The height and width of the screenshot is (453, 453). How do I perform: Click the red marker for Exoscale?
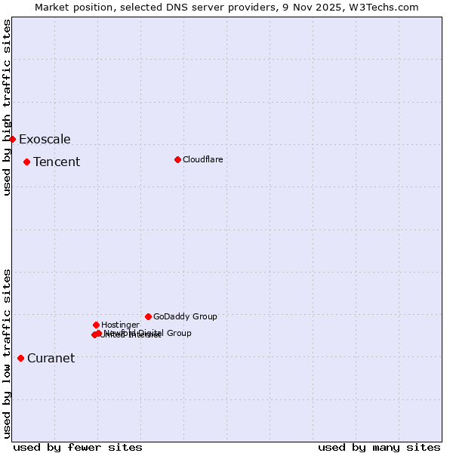(12, 139)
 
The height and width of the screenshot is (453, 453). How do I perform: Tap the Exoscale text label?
(45, 139)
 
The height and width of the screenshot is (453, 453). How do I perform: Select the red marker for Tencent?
(26, 162)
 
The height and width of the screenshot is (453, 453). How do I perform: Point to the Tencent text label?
(57, 162)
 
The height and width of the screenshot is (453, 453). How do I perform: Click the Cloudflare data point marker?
(177, 159)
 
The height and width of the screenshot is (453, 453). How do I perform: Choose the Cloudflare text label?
(202, 159)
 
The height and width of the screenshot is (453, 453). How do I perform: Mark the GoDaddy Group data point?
(148, 316)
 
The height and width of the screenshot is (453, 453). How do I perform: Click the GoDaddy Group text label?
(185, 316)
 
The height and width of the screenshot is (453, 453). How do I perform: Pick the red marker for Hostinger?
(96, 325)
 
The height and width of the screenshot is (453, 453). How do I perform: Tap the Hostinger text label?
(120, 325)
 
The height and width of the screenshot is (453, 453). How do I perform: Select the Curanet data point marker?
(20, 358)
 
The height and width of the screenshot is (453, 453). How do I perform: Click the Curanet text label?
(51, 358)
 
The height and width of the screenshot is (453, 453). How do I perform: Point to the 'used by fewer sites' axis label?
(78, 447)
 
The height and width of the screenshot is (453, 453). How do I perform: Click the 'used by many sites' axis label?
(379, 447)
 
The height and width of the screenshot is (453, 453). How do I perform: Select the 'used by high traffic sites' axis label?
(7, 107)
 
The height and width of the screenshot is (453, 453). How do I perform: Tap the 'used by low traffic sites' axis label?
(7, 353)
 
